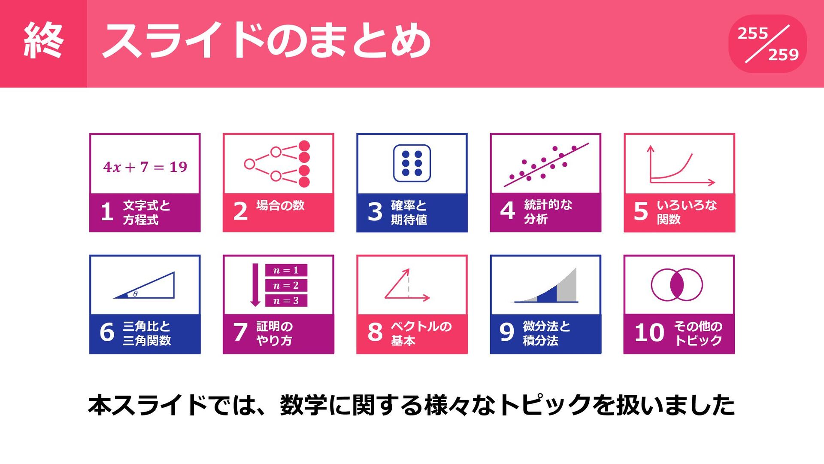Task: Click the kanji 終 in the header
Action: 43,41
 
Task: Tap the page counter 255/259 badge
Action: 767,44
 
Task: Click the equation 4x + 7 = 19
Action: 145,167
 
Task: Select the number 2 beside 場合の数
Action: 240,211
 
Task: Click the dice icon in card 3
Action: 412,163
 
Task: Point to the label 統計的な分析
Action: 548,212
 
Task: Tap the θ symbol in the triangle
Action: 135,294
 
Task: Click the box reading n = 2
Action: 286,285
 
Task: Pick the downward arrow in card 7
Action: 255,285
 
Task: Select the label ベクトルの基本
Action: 421,333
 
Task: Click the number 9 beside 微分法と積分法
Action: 507,332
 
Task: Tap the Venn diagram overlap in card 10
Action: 677,285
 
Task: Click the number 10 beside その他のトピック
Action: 649,333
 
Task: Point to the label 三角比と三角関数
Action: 147,333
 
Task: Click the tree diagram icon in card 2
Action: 277,164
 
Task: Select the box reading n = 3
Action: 286,301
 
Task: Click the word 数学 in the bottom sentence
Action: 304,405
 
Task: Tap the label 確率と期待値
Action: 409,212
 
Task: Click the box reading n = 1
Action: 286,270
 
